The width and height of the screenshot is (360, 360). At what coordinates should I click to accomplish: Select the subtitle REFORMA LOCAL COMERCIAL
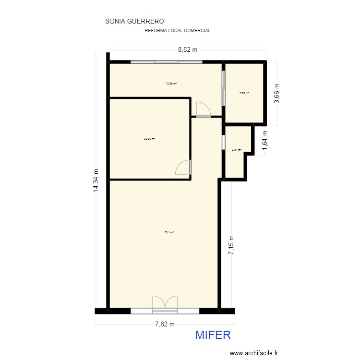[178, 30]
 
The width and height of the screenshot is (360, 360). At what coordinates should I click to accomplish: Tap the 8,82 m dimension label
[188, 49]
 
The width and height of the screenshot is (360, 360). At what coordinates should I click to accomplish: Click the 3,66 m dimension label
[276, 94]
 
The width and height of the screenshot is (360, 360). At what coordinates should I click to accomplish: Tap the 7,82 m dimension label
[165, 324]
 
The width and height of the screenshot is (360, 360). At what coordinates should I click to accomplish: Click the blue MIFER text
[213, 335]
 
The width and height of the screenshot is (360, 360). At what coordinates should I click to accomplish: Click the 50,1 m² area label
[168, 232]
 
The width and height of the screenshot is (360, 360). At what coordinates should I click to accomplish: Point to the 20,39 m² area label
[149, 139]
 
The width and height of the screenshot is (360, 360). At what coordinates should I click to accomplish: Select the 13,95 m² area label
[171, 84]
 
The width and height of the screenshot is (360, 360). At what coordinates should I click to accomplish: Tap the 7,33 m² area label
[244, 93]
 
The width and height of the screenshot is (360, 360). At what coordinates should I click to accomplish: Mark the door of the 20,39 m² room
[184, 167]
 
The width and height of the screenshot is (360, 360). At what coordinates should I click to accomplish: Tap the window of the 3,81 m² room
[222, 143]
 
